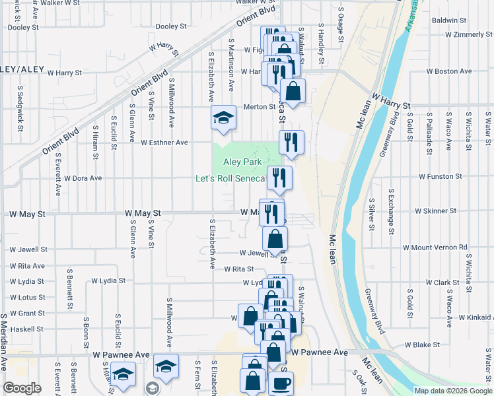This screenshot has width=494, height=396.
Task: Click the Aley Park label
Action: pos(242,162)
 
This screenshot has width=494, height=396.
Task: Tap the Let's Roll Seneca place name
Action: pos(230,178)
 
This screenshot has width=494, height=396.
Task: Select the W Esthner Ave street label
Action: pos(164,142)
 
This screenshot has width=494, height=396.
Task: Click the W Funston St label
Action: pos(441,177)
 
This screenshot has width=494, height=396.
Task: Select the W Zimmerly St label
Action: pos(465,34)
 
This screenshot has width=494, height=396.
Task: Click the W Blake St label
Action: pos(422,345)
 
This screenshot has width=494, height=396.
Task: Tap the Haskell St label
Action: pos(26,329)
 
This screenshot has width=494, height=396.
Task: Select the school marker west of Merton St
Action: pos(224,118)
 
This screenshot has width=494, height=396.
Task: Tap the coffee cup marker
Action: pos(281,383)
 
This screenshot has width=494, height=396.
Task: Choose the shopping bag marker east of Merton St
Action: pos(293,91)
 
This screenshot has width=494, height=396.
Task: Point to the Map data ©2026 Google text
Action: pos(453,391)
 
